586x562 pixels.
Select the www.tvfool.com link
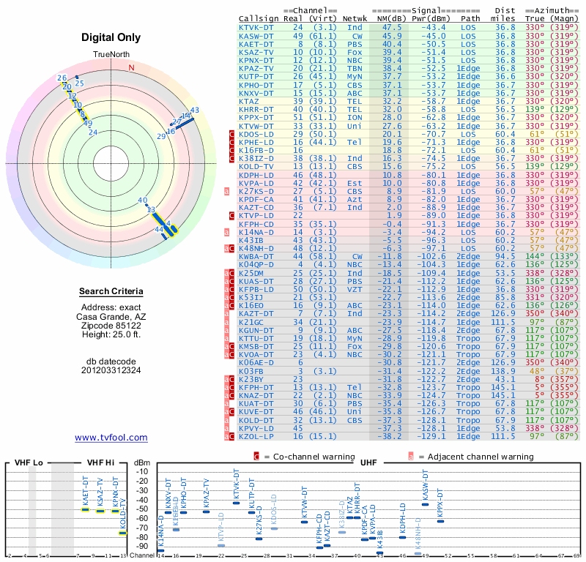pyautogui.click(x=111, y=438)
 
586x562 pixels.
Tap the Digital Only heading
pyautogui.click(x=111, y=37)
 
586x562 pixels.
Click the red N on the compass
pyautogui.click(x=132, y=67)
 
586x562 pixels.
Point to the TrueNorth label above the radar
pyautogui.click(x=111, y=55)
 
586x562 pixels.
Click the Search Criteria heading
pyautogui.click(x=111, y=292)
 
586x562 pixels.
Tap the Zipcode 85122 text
pyautogui.click(x=111, y=325)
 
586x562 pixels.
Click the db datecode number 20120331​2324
pyautogui.click(x=111, y=370)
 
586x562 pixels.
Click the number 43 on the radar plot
pyautogui.click(x=194, y=110)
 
